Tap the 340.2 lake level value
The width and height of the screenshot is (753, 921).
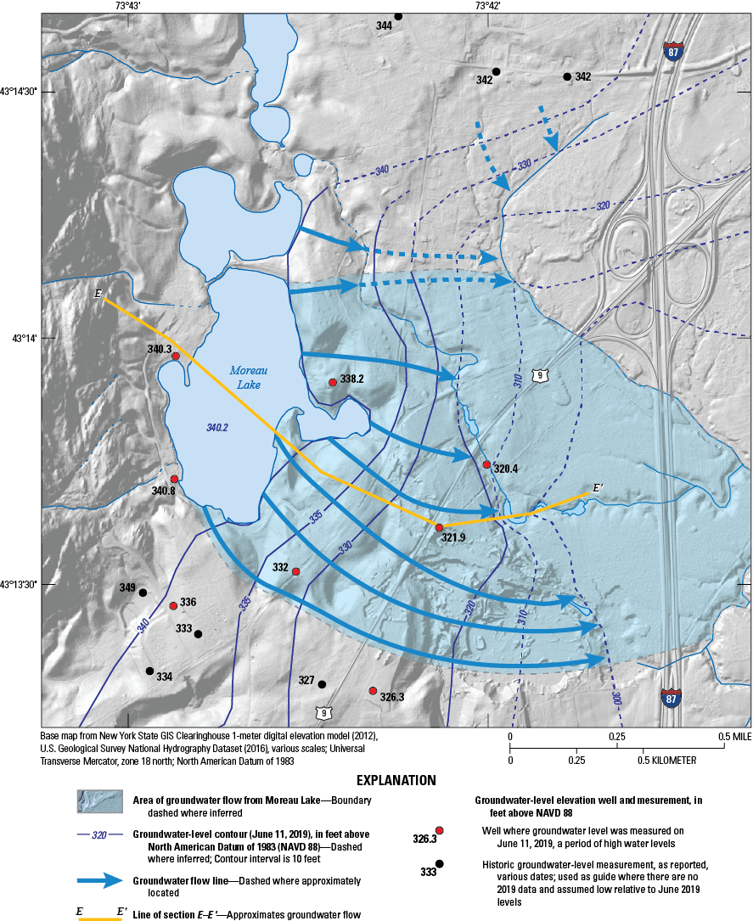[217, 428]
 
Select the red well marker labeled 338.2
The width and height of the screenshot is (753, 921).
[333, 383]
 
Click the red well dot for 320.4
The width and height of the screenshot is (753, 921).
[486, 464]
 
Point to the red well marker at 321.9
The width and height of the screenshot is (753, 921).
[440, 528]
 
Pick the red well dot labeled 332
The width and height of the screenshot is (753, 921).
[295, 572]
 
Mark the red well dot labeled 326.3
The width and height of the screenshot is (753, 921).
[373, 691]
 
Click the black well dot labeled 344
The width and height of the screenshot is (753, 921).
[398, 16]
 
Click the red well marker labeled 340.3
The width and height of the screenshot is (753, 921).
[176, 357]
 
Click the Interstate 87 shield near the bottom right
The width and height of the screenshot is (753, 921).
[671, 698]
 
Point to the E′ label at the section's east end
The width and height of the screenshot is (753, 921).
[598, 488]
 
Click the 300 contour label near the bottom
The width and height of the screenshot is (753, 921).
[615, 697]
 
